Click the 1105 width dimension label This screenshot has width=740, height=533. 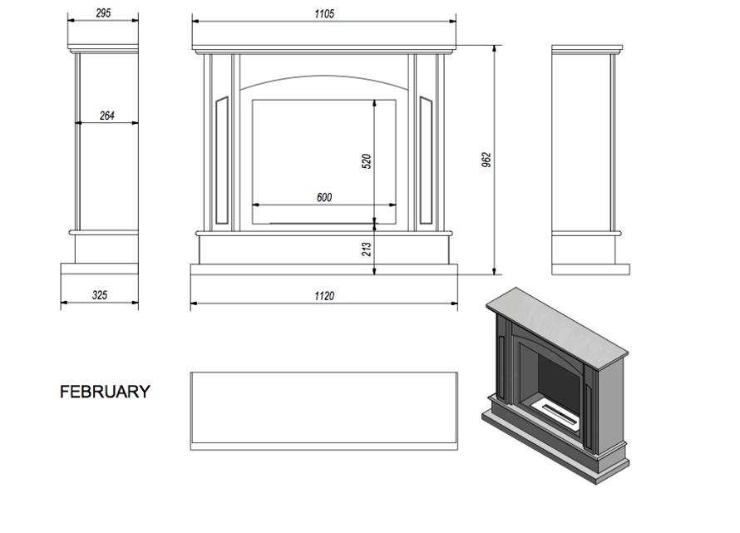(x=324, y=13)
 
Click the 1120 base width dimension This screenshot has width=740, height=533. (x=324, y=296)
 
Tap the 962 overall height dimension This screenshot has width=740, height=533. (x=486, y=160)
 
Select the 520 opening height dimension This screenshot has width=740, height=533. (x=366, y=161)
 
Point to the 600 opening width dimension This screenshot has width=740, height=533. (x=324, y=197)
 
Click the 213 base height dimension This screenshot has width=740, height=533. (x=366, y=249)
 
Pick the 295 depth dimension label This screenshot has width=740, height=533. (x=103, y=13)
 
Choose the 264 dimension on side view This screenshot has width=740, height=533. (x=107, y=116)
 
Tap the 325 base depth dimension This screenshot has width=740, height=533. (x=100, y=295)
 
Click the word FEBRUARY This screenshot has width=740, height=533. (x=105, y=392)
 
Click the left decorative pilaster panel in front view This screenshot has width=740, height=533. (x=222, y=160)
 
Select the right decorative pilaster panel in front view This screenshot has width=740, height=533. (x=427, y=160)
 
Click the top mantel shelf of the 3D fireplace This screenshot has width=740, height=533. (x=557, y=327)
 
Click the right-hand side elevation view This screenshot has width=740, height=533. (x=590, y=160)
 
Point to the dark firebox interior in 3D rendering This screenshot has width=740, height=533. (x=560, y=379)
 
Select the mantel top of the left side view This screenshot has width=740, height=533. (x=103, y=48)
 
